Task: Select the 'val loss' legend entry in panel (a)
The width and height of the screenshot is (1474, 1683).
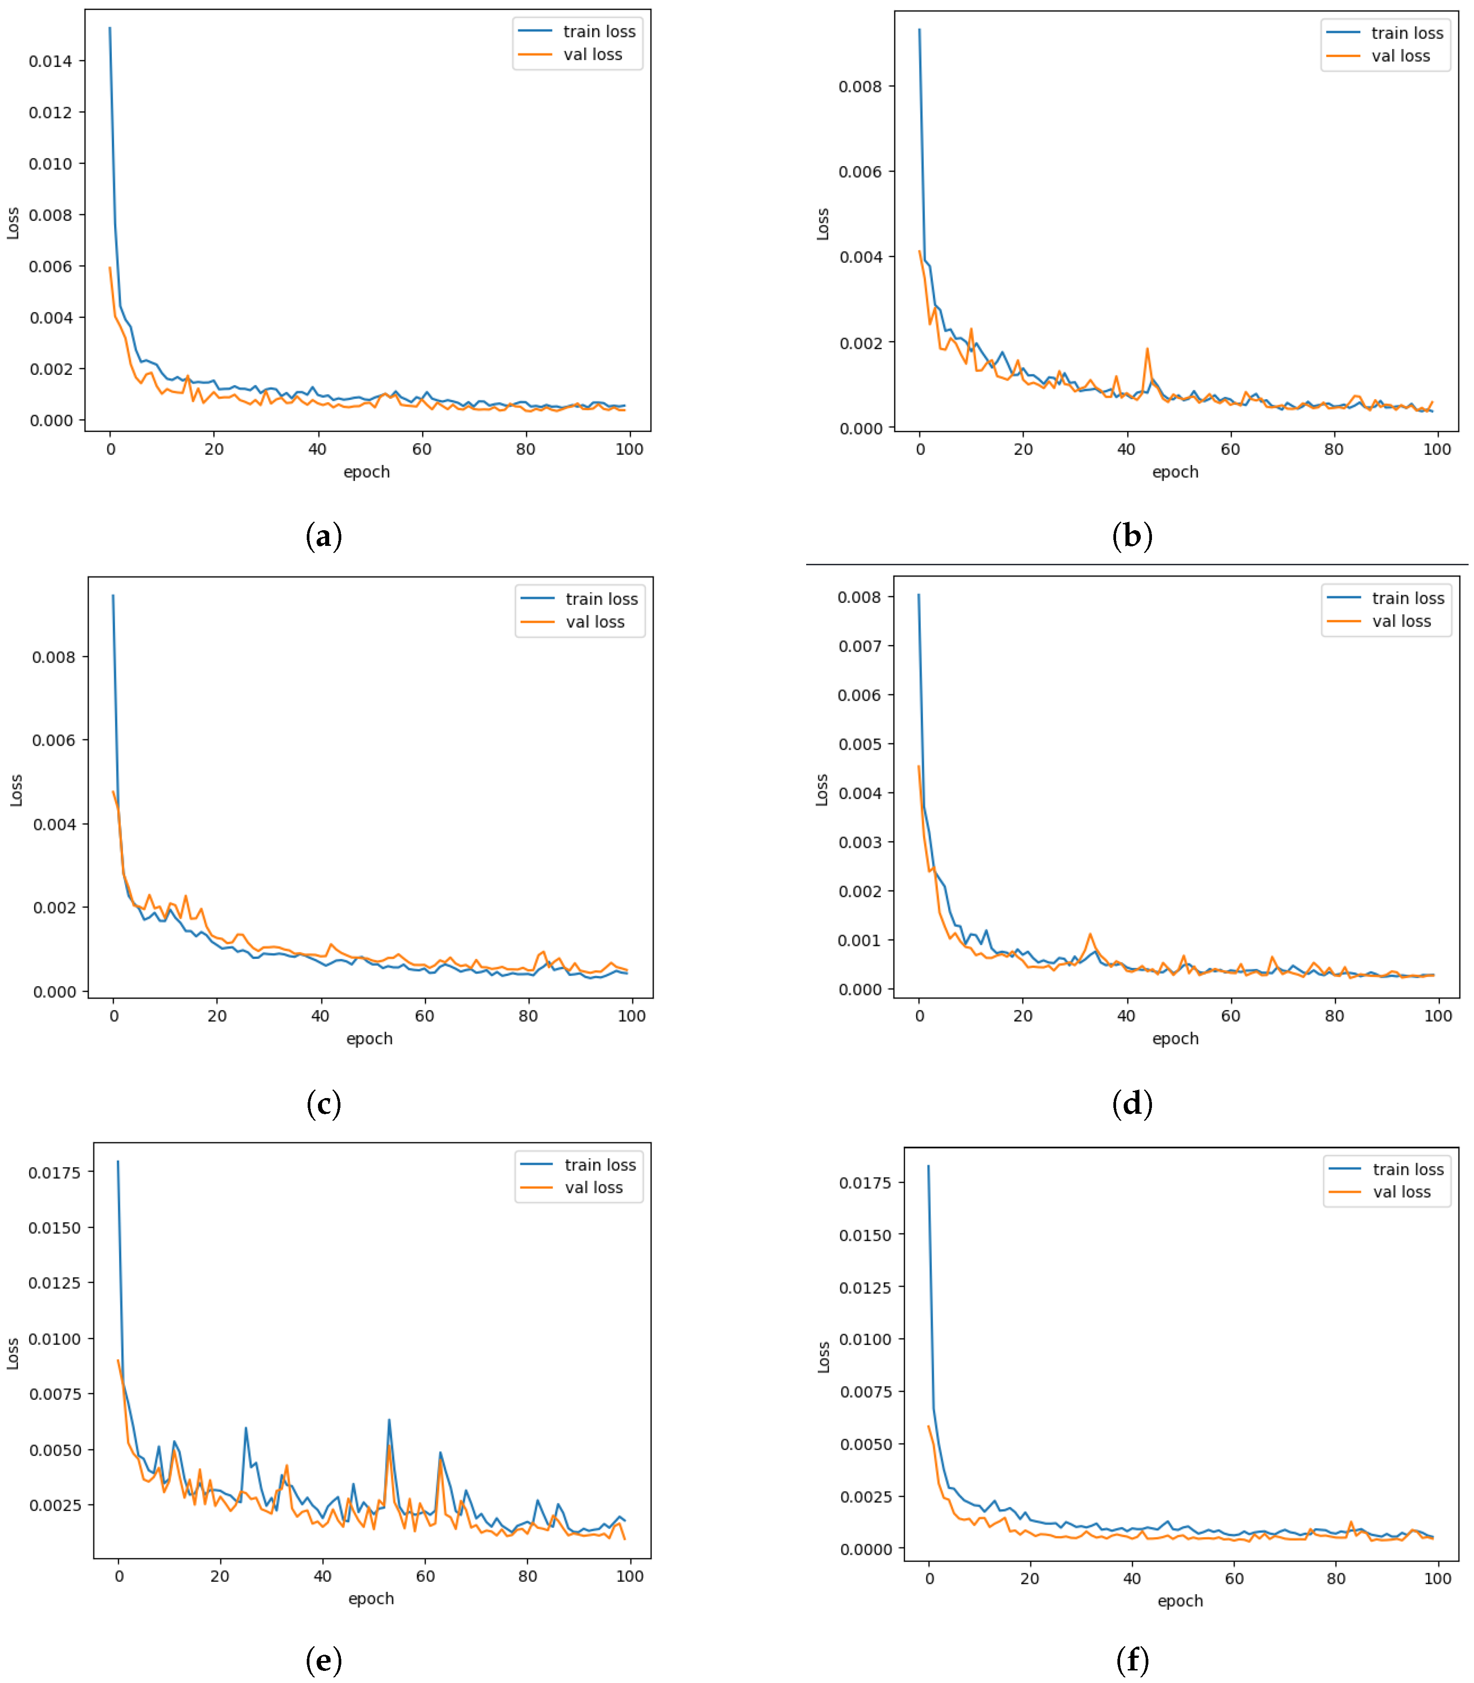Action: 592,54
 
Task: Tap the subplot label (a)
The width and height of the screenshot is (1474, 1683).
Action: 323,536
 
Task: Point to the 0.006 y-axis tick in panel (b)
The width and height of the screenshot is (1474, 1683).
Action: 861,172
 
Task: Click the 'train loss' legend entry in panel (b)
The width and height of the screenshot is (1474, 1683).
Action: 1407,33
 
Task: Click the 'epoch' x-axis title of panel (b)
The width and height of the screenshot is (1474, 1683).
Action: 1174,472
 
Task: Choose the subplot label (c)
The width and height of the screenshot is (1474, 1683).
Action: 323,1103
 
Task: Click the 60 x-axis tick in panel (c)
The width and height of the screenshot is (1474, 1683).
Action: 424,1016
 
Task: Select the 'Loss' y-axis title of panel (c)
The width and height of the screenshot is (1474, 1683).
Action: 16,790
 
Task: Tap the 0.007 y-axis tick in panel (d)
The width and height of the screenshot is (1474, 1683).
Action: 860,646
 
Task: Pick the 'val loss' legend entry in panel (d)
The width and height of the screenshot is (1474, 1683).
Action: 1401,622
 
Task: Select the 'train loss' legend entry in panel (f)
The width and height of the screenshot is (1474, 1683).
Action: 1408,1169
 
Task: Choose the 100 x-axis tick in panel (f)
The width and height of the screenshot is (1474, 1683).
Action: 1437,1578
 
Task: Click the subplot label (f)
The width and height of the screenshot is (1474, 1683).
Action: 1132,1661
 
